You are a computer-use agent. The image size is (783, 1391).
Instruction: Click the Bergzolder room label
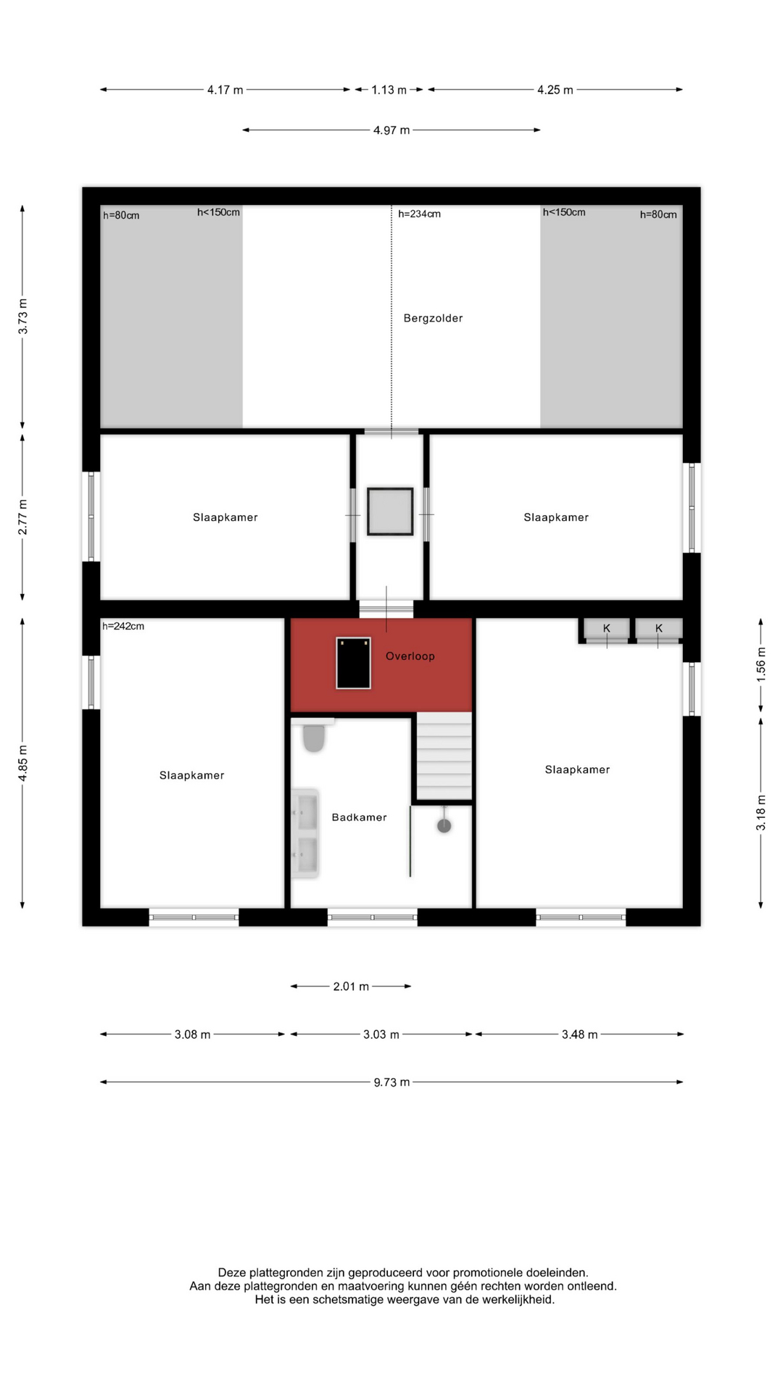pos(433,318)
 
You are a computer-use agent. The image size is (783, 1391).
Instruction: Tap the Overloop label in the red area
pos(410,656)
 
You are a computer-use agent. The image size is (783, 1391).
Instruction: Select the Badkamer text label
pos(359,817)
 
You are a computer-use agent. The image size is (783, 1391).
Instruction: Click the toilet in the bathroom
pos(313,737)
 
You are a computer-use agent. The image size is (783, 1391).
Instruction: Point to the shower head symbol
pos(444,825)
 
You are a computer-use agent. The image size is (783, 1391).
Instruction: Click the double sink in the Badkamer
pos(305,834)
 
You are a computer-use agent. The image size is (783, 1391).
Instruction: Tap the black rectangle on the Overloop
pos(353,663)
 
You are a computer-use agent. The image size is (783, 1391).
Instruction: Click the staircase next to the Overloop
pos(444,756)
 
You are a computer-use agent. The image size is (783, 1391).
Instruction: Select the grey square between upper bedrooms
pos(390,511)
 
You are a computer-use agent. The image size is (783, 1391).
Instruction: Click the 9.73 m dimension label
pos(391,1082)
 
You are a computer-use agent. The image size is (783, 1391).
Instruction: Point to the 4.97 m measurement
pos(391,130)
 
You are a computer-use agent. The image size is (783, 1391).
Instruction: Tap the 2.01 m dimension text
pos(351,987)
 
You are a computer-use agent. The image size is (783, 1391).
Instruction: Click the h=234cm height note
pos(419,214)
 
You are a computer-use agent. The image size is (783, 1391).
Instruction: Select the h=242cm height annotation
pos(123,626)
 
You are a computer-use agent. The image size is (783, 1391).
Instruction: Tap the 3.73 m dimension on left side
pos(23,317)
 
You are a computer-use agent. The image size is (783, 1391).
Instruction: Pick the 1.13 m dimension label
pos(389,90)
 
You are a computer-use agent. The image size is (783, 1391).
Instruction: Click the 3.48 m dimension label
pos(579,1035)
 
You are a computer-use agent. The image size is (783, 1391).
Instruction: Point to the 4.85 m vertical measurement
pos(23,763)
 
